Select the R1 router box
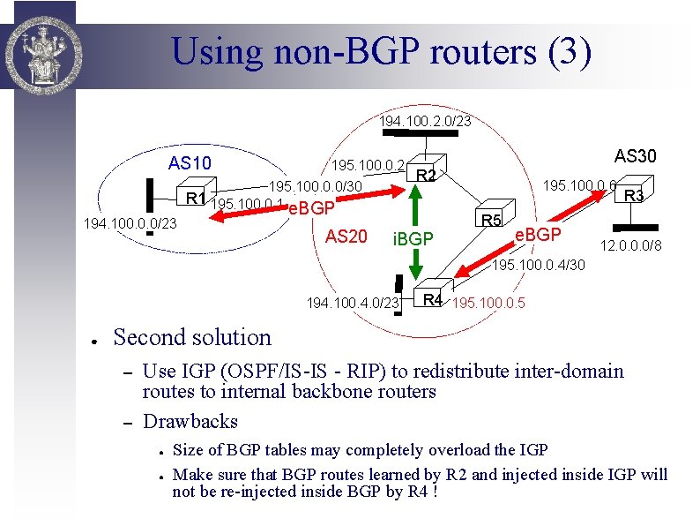pos(196,196)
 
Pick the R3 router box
pos(633,194)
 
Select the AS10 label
pos(190,163)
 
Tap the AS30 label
pos(636,155)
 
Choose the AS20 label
pos(346,237)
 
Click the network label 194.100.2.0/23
pos(425,121)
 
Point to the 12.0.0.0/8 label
pos(631,245)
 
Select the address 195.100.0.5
pos(488,304)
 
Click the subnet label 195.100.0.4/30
pos(538,266)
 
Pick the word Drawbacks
pos(190,421)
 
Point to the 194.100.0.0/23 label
pos(130,224)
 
